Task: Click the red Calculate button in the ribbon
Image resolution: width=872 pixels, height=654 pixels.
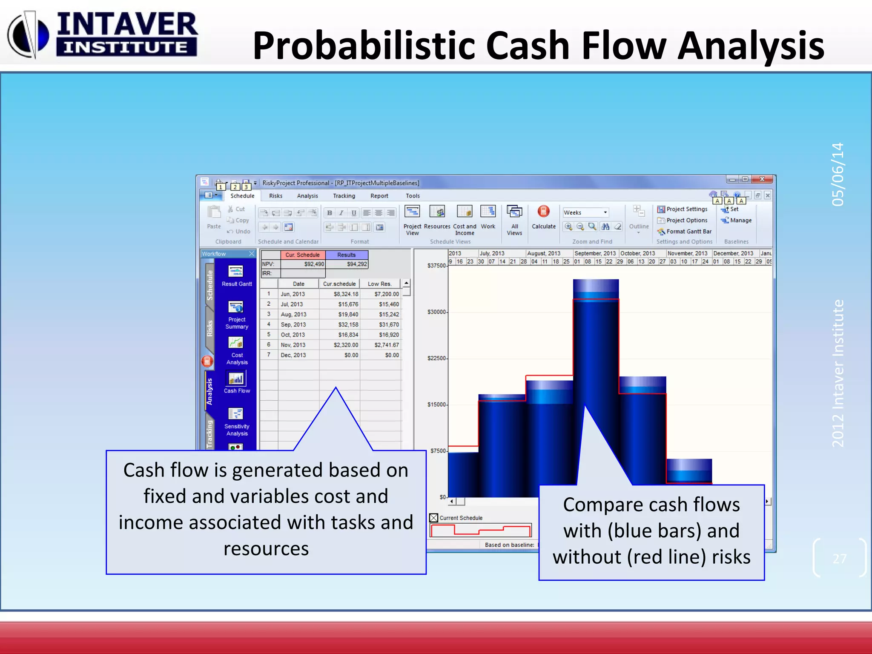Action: (543, 212)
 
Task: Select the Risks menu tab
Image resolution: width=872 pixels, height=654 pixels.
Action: (275, 196)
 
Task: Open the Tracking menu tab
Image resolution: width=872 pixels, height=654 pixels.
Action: (344, 196)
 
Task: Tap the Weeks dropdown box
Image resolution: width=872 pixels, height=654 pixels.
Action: (585, 212)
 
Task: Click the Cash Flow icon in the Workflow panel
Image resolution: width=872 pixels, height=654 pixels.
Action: (236, 379)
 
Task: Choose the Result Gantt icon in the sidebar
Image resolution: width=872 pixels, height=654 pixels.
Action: (236, 272)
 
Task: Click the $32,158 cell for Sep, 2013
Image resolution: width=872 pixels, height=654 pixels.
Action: (348, 324)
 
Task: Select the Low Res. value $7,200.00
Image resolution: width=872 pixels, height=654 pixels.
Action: (387, 294)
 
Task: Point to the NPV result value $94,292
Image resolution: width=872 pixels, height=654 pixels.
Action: (356, 264)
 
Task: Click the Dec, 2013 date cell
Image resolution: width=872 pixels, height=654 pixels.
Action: (293, 355)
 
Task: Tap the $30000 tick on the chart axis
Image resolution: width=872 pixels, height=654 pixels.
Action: (437, 312)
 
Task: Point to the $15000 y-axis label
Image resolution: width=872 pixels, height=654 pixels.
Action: (437, 404)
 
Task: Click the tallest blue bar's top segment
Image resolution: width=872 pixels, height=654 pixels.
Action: (596, 289)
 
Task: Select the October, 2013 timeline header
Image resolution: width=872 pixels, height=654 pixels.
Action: (637, 253)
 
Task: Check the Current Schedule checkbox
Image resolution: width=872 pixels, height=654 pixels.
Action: (434, 518)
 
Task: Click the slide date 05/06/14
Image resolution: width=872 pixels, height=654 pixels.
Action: (838, 175)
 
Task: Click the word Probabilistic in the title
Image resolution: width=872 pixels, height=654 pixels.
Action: (364, 46)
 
